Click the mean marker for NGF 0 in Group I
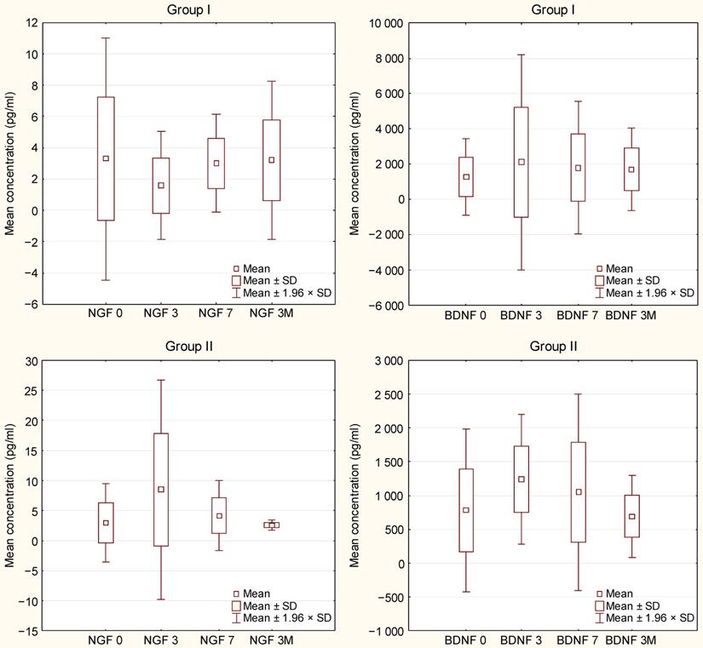click(106, 158)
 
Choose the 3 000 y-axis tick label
click(389, 361)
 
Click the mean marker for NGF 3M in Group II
click(272, 525)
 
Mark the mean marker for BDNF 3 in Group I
click(521, 162)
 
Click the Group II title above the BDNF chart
click(554, 347)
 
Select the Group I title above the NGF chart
click(187, 9)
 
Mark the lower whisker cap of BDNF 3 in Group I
click(521, 270)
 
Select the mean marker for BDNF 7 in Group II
click(579, 492)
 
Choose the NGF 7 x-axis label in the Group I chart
click(216, 315)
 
